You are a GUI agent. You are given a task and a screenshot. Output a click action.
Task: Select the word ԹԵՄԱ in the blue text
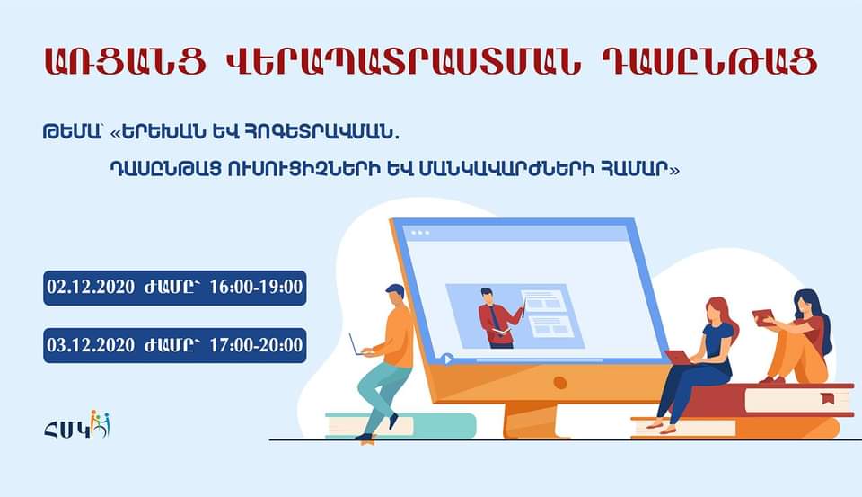(72, 133)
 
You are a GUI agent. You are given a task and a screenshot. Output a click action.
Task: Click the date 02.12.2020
(91, 288)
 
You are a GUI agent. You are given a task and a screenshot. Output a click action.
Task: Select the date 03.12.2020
(91, 345)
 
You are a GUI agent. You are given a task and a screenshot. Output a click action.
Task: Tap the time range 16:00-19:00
(256, 288)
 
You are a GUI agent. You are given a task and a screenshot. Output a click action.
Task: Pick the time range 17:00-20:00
(256, 345)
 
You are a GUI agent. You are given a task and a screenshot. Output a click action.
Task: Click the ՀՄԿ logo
(77, 424)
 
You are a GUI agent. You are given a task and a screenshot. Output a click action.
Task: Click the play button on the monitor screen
(447, 359)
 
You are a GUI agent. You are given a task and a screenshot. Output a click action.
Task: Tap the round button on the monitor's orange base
(559, 383)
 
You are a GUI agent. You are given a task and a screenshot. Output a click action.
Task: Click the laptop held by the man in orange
(358, 346)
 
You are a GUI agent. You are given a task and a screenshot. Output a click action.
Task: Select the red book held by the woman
(763, 317)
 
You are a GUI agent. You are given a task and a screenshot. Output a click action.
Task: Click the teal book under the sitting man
(400, 425)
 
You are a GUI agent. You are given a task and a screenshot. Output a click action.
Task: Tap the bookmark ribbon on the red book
(827, 398)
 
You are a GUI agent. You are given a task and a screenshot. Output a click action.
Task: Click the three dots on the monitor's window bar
(420, 233)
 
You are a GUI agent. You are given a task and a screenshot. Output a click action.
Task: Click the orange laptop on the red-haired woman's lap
(680, 358)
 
